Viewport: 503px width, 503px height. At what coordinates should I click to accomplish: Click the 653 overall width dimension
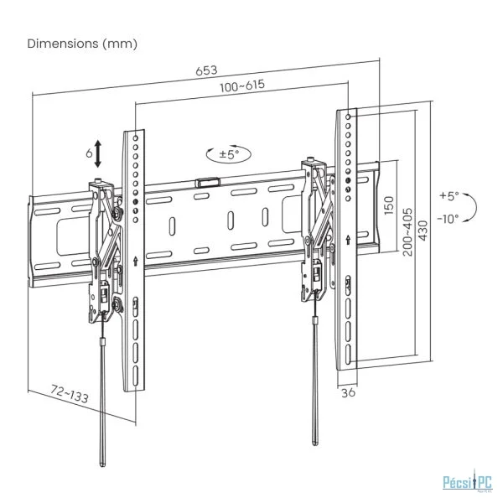[x=206, y=70]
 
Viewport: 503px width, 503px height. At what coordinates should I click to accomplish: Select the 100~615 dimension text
[x=242, y=86]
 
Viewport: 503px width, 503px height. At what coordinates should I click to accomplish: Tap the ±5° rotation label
[x=229, y=154]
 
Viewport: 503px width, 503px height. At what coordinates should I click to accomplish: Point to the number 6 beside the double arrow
[x=89, y=153]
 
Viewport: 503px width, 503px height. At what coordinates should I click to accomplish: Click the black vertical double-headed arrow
[x=98, y=154]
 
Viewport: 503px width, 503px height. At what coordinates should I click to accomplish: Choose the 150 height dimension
[x=388, y=205]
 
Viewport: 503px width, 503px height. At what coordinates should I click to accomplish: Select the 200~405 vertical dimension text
[x=407, y=231]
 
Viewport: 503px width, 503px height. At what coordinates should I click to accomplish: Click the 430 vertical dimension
[x=423, y=231]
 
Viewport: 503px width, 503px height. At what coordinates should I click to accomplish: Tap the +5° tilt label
[x=449, y=195]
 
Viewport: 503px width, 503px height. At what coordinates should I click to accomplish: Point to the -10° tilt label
[x=449, y=219]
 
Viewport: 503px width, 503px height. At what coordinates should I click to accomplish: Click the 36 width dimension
[x=348, y=392]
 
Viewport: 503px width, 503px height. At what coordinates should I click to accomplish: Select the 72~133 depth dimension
[x=70, y=394]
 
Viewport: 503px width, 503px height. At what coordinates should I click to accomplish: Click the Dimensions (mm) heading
[x=82, y=44]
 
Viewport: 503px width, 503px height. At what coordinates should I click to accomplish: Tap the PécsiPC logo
[x=467, y=483]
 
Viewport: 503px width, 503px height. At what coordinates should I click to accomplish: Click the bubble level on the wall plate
[x=207, y=183]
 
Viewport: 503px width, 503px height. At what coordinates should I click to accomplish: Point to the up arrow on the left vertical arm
[x=136, y=261]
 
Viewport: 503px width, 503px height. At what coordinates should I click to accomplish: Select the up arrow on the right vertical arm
[x=349, y=239]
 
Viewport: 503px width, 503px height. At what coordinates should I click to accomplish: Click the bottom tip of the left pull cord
[x=102, y=465]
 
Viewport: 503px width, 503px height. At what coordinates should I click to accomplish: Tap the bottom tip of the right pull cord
[x=315, y=443]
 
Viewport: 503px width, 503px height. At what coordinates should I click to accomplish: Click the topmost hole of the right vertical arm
[x=349, y=117]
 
